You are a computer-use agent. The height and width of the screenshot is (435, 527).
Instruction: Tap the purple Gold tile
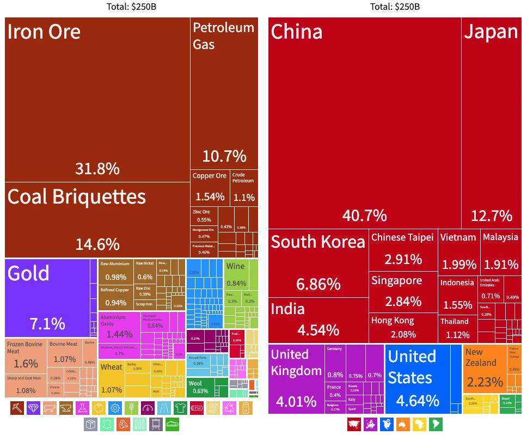(x=47, y=297)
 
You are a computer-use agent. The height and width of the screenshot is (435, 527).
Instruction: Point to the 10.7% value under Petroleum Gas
(x=224, y=157)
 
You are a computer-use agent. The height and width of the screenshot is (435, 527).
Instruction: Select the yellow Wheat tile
(x=111, y=378)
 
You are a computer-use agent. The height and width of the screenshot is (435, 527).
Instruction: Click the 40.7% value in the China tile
(x=364, y=216)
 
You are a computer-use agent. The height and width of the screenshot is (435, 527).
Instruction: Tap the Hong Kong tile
(x=403, y=328)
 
